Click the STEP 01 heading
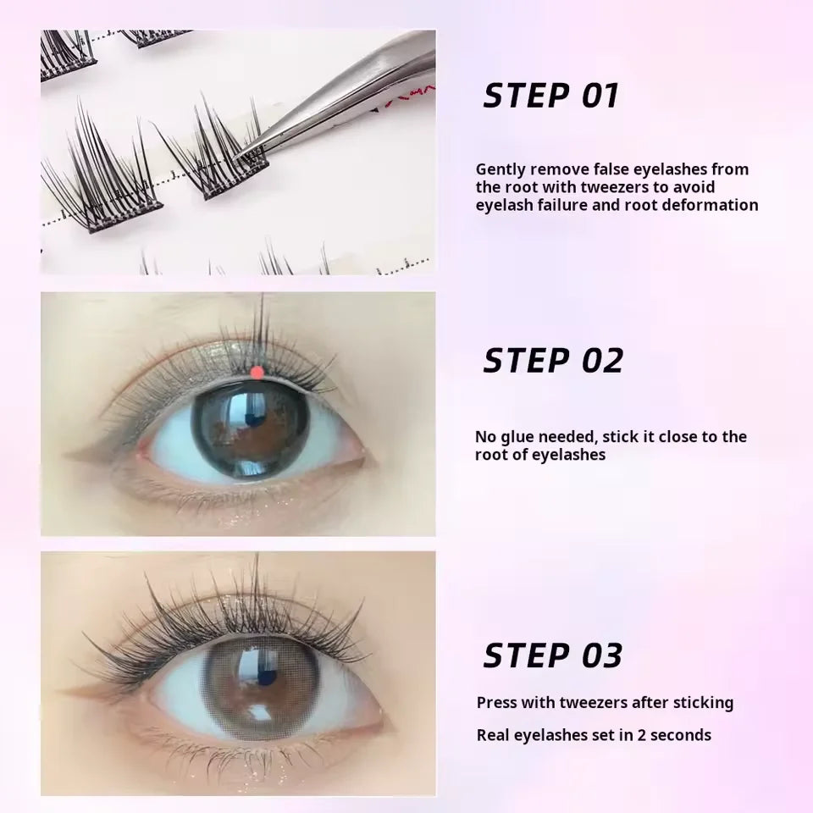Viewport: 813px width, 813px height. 550,96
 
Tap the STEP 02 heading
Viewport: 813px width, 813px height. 552,361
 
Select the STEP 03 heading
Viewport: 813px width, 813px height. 552,655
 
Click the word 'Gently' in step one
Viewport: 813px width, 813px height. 500,169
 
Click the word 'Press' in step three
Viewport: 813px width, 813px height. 496,702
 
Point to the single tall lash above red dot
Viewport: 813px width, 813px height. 263,326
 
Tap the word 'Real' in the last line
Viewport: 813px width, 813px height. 494,735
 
